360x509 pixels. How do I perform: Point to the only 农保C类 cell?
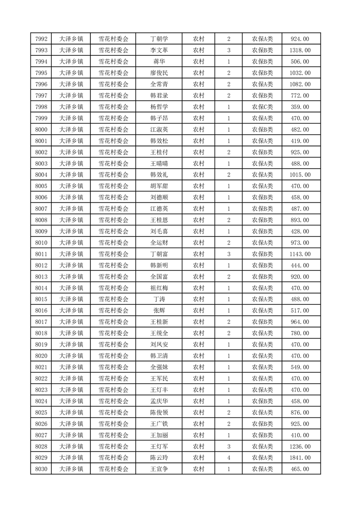pyautogui.click(x=262, y=107)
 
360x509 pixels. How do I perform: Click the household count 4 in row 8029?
pyautogui.click(x=228, y=458)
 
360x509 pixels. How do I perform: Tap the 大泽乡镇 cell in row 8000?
pyautogui.click(x=71, y=129)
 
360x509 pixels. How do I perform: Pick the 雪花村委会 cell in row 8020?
pyautogui.click(x=113, y=356)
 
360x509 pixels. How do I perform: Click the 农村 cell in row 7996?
pyautogui.click(x=198, y=84)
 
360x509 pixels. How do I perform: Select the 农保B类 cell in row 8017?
pyautogui.click(x=262, y=322)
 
